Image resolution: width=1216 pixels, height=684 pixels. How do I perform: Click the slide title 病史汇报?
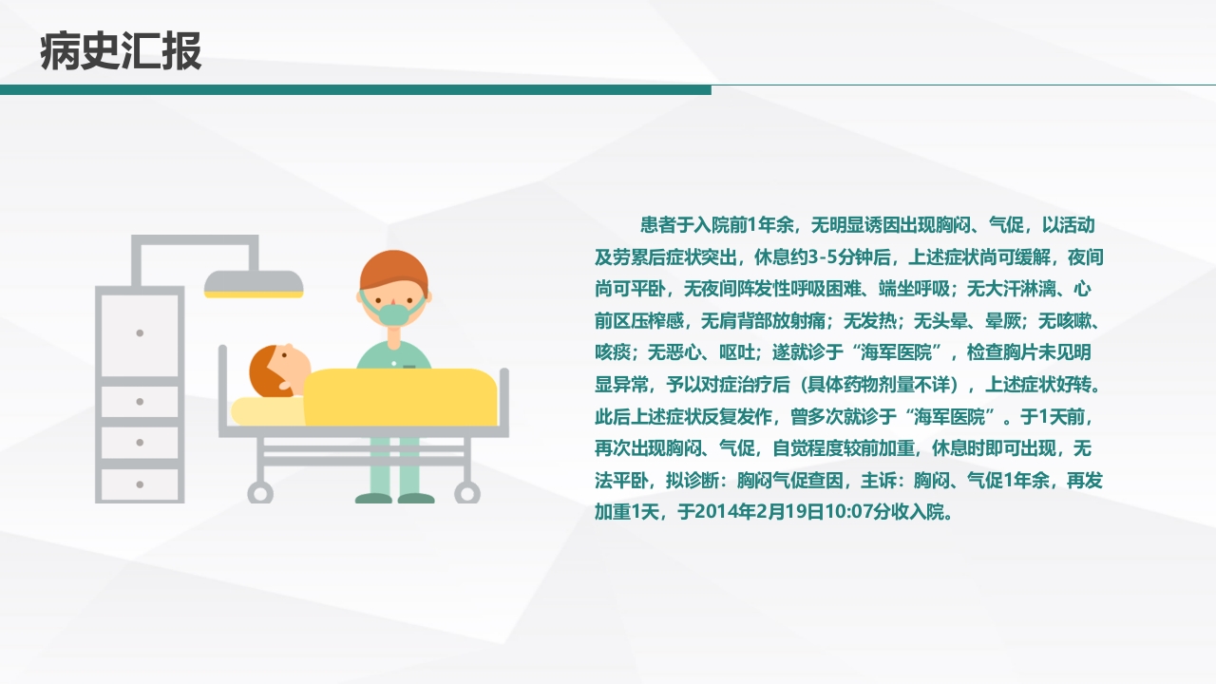pos(121,51)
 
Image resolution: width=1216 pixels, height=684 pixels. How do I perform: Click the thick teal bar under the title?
pos(355,89)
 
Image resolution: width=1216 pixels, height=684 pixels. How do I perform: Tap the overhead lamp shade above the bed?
pos(254,283)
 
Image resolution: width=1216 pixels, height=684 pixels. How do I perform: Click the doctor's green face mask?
pos(393,311)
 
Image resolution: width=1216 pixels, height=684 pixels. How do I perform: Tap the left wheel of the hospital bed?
pos(259,492)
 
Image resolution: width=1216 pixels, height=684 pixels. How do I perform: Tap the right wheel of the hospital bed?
pos(466,492)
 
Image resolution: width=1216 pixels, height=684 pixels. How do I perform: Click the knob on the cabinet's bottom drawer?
pos(140,484)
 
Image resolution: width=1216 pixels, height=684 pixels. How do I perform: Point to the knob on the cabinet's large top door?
pos(140,332)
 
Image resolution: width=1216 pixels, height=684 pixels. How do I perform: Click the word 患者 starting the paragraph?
pos(656,226)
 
